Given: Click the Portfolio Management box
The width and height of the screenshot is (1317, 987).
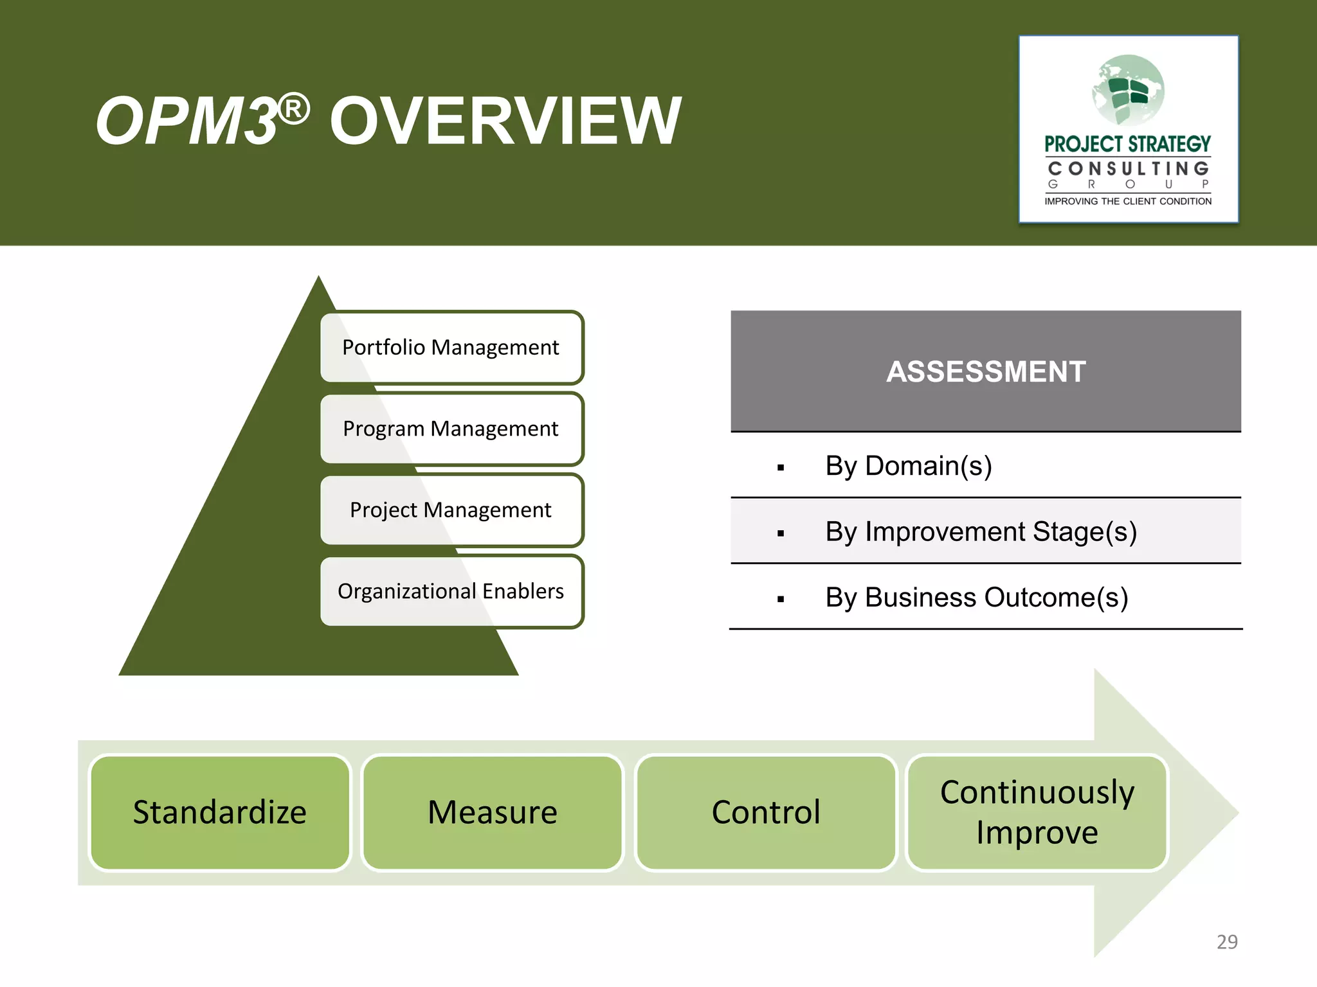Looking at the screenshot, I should (451, 348).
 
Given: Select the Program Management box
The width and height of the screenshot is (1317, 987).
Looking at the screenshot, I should (451, 429).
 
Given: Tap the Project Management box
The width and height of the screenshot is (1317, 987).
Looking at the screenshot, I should (451, 510).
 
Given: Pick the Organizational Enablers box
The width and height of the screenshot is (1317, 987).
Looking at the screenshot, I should (451, 591).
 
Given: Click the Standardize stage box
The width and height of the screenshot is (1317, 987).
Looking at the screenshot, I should (220, 812).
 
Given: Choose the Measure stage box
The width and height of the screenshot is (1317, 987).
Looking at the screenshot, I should (493, 812).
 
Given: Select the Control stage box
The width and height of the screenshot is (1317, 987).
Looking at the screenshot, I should (766, 812).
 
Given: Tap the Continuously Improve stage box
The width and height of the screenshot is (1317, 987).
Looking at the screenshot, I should (1037, 812).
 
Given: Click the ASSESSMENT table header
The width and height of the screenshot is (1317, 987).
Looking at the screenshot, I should (986, 371).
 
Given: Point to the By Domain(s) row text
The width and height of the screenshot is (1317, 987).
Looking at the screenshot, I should (908, 466).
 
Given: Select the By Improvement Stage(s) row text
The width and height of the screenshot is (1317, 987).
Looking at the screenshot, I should (981, 532).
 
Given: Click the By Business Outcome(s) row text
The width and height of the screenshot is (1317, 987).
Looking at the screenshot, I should (976, 598).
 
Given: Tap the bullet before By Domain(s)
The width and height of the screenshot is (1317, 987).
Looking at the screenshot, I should (781, 468).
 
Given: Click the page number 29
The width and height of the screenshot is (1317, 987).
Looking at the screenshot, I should (1227, 942).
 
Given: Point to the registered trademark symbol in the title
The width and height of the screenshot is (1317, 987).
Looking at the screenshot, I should (295, 109).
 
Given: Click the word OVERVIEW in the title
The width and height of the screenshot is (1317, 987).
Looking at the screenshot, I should (505, 121).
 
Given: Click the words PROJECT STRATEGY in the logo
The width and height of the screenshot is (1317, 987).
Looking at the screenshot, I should (1127, 144).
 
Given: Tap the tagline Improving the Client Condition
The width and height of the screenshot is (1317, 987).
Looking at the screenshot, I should (1127, 201).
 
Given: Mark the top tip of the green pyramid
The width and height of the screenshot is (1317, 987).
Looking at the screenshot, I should (318, 278).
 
